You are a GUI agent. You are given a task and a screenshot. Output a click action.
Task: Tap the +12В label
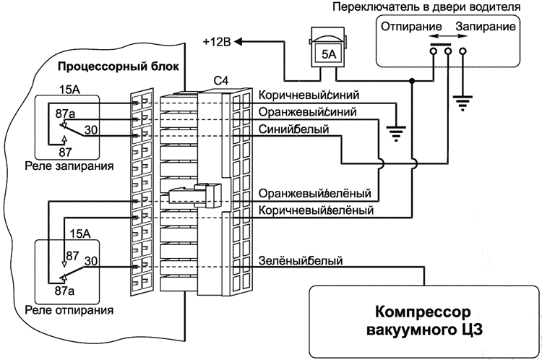click(x=217, y=41)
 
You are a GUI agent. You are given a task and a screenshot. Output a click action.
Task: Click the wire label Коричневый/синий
click(x=309, y=95)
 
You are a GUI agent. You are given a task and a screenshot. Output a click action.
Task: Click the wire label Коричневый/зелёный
click(x=315, y=211)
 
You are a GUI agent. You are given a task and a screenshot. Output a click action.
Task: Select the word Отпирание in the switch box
click(x=400, y=27)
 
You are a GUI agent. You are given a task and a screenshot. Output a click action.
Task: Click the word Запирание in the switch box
click(x=486, y=27)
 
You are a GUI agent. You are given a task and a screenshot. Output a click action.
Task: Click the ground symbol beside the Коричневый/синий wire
click(x=395, y=132)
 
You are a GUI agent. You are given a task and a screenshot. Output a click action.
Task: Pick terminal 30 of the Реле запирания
click(x=91, y=129)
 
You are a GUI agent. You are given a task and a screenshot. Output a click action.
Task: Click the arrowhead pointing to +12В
click(x=240, y=41)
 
